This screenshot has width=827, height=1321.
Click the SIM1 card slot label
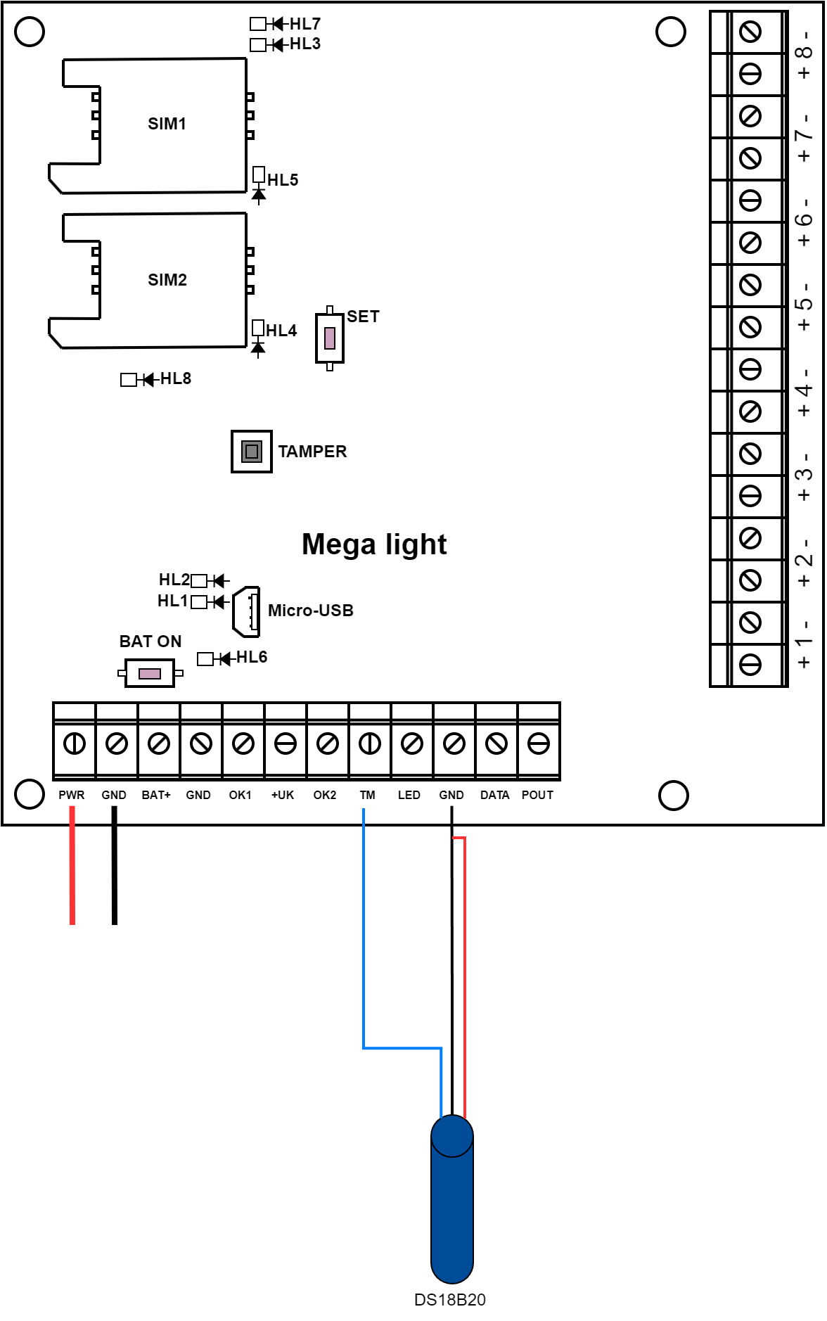click(167, 124)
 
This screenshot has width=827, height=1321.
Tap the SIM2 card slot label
click(167, 280)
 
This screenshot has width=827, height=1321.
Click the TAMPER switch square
click(251, 451)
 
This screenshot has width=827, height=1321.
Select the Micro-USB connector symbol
click(246, 611)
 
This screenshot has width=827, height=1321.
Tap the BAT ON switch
click(149, 673)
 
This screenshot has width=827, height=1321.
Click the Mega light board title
click(374, 544)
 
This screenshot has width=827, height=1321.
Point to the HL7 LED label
click(304, 24)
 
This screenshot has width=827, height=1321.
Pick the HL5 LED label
click(283, 180)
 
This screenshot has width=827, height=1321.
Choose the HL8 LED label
click(176, 378)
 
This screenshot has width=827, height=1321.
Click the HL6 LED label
click(251, 657)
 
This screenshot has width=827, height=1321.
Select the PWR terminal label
click(71, 795)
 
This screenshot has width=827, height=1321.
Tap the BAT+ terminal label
click(156, 795)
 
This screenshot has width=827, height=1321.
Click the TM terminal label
click(367, 795)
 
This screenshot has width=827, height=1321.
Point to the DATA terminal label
click(494, 795)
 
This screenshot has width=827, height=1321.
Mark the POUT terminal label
click(537, 795)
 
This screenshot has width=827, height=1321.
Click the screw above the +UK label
click(285, 744)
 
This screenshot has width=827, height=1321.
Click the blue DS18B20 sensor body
click(451, 1210)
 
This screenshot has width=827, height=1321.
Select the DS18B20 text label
click(449, 1300)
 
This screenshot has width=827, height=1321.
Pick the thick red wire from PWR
click(72, 865)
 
